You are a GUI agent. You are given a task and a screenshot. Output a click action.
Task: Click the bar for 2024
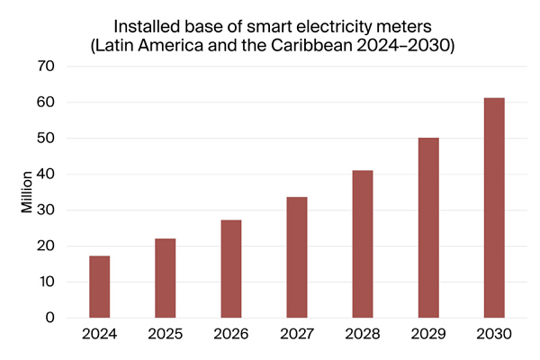99,287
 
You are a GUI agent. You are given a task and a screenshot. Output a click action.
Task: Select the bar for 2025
165,278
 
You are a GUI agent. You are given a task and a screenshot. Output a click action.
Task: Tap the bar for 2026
230,269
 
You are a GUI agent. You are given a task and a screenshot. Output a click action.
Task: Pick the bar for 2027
296,257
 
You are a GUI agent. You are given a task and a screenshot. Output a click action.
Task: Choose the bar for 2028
362,244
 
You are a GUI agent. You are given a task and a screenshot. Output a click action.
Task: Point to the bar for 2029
427,228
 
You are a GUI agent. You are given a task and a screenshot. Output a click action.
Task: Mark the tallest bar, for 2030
493,208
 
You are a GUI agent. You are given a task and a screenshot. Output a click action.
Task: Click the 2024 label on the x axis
99,334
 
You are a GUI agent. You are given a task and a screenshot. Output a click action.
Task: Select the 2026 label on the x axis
230,334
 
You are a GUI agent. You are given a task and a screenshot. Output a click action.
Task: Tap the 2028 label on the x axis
362,334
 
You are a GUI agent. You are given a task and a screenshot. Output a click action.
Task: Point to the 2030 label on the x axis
493,334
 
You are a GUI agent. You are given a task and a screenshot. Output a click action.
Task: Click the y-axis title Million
27,191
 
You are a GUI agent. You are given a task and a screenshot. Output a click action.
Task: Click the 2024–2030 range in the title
409,46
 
